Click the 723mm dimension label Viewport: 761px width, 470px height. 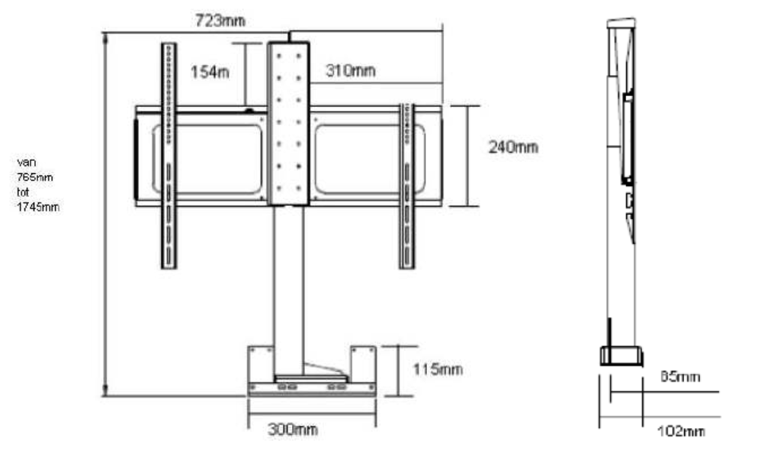coord(220,21)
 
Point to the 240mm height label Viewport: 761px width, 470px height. coord(512,147)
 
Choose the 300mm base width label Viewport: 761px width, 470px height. coord(292,430)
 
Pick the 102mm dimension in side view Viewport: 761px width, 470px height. coord(680,432)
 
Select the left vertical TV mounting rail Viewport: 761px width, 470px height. coord(169,156)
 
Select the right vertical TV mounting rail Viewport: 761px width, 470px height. coord(406,185)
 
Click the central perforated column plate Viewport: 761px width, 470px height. coord(289,122)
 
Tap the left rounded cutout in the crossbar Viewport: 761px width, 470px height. coord(209,158)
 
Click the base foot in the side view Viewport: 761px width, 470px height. coord(621,356)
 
